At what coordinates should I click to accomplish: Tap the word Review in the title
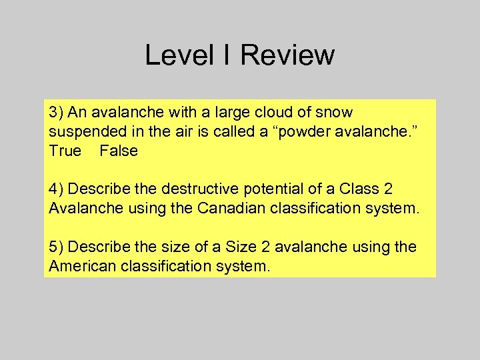click(x=287, y=55)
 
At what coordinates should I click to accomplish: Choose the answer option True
click(x=64, y=151)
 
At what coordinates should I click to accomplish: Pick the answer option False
click(x=119, y=151)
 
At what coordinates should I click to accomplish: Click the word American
click(x=81, y=267)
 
